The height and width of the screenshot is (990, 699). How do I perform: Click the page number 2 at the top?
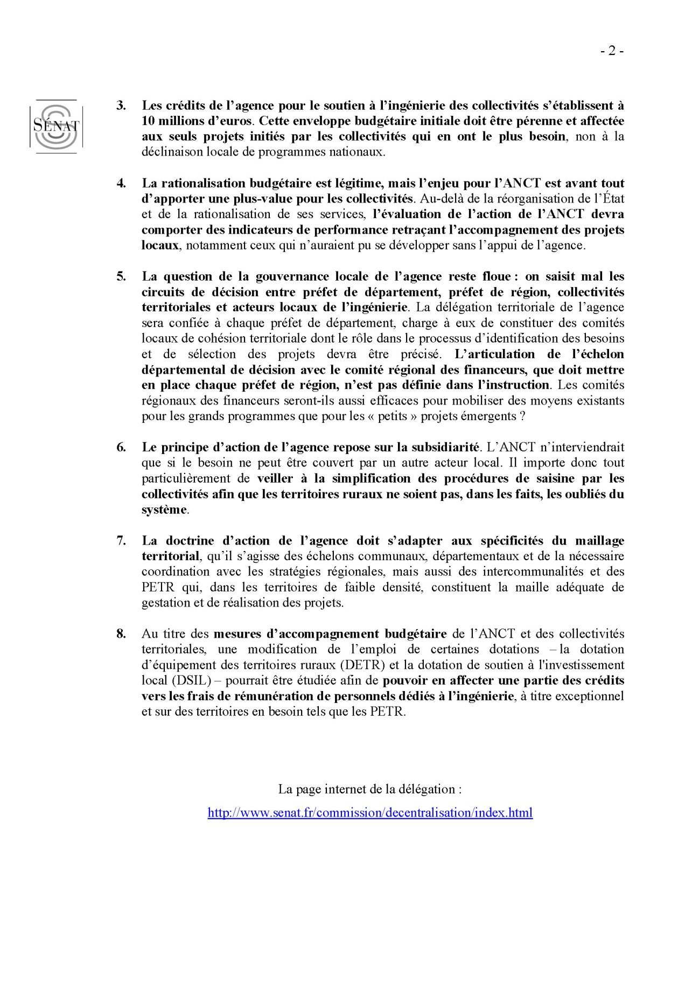612,51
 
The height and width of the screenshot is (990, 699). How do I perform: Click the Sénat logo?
56,126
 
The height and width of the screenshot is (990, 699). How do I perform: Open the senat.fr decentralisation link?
370,812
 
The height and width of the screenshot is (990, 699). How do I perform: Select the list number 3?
121,106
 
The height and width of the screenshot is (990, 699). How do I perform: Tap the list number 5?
121,276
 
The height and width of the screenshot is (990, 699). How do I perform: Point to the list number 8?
121,633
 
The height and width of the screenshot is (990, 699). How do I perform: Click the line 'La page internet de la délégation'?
370,789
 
